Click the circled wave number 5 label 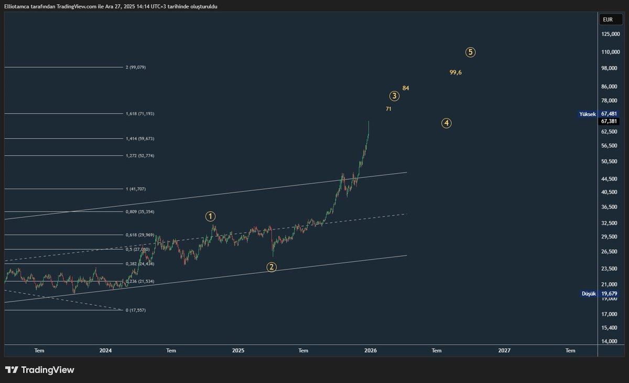click(x=471, y=52)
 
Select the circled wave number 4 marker click(x=446, y=123)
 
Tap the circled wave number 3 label click(x=395, y=96)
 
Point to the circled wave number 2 click(x=272, y=267)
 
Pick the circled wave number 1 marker click(x=210, y=216)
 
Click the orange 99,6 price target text click(x=456, y=72)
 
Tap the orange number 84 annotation click(x=406, y=88)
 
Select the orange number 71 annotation click(x=388, y=109)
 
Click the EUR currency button click(x=608, y=20)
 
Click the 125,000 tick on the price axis click(x=612, y=35)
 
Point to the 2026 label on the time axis click(x=371, y=350)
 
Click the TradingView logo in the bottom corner click(x=40, y=370)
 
